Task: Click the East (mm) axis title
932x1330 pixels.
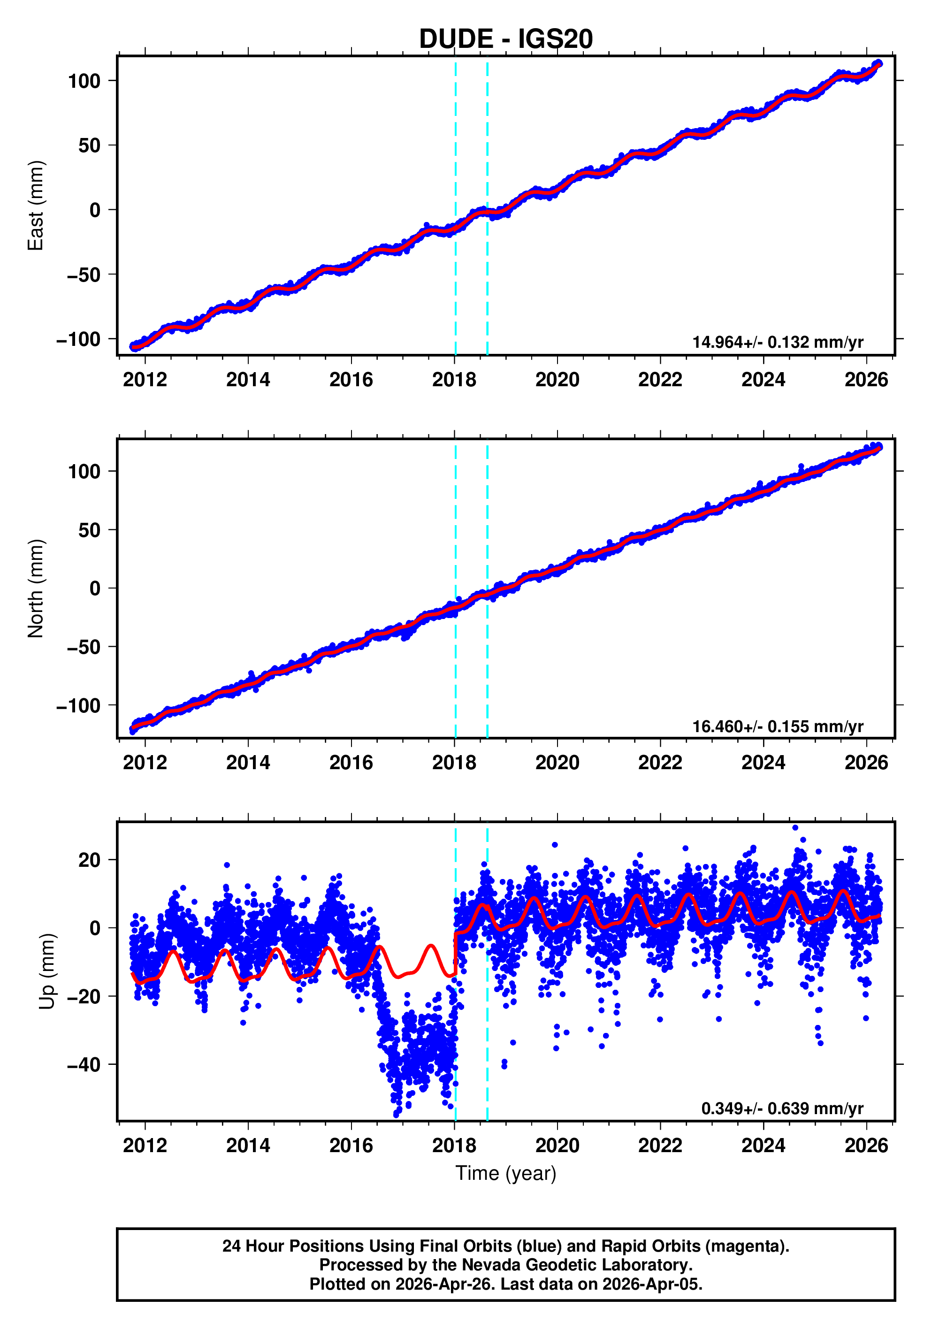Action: (36, 206)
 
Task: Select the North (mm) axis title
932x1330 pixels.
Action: (36, 589)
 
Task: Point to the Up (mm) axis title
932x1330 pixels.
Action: (47, 971)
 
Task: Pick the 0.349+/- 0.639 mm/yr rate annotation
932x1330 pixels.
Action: (781, 1108)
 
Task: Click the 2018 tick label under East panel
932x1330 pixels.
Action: (454, 380)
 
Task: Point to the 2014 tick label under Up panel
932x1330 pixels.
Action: (248, 1145)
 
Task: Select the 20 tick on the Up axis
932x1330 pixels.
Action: (90, 860)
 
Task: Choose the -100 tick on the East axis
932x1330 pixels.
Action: (78, 339)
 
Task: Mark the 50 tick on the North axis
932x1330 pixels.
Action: (90, 530)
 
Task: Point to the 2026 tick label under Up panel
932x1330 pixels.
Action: (866, 1145)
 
